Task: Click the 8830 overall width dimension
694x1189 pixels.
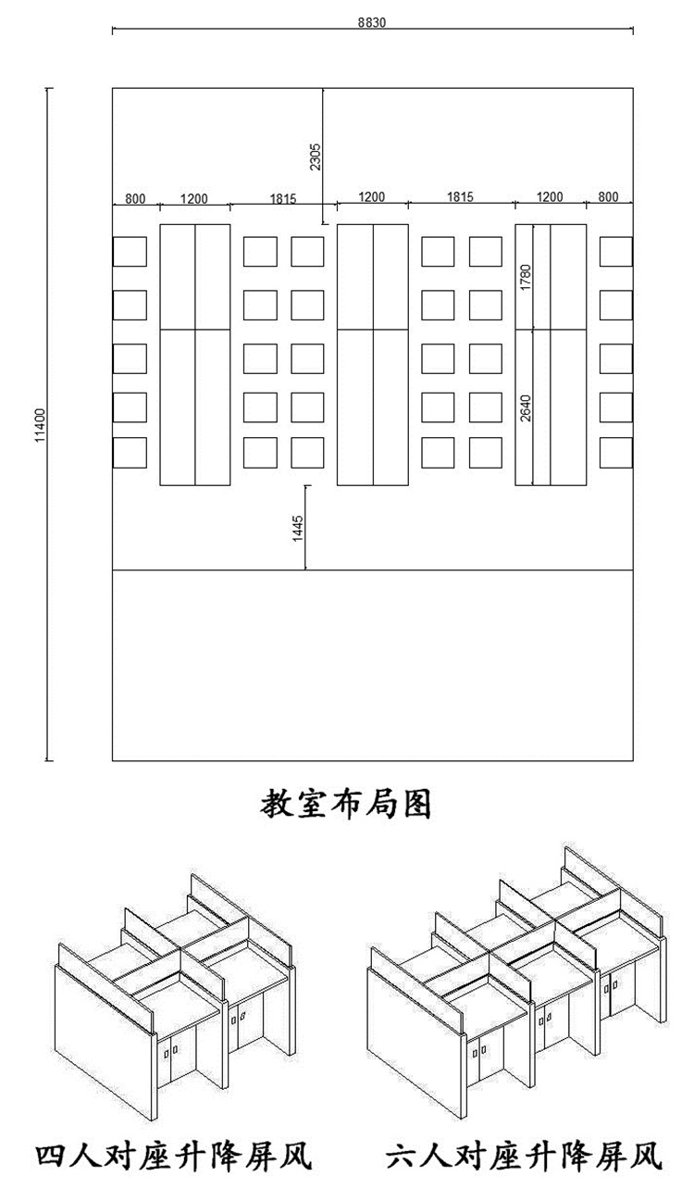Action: point(372,24)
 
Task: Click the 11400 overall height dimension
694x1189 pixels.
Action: point(40,425)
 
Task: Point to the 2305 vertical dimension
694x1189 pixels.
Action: point(316,156)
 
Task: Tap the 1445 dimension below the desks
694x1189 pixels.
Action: point(298,527)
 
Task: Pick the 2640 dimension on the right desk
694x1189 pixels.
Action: point(526,407)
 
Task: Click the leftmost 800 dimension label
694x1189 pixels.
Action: point(135,197)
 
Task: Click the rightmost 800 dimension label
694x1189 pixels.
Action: point(608,197)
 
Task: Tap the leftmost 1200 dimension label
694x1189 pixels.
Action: point(193,197)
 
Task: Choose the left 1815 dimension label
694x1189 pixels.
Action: point(282,197)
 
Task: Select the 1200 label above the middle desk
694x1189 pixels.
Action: point(371,197)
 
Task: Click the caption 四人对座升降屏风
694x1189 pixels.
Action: point(172,1156)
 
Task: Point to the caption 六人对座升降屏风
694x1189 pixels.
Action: point(524,1156)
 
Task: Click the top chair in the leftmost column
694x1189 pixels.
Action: point(130,252)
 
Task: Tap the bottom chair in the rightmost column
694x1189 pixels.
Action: point(616,453)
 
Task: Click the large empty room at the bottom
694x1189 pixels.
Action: point(372,665)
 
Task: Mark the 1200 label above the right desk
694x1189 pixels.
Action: point(550,197)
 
